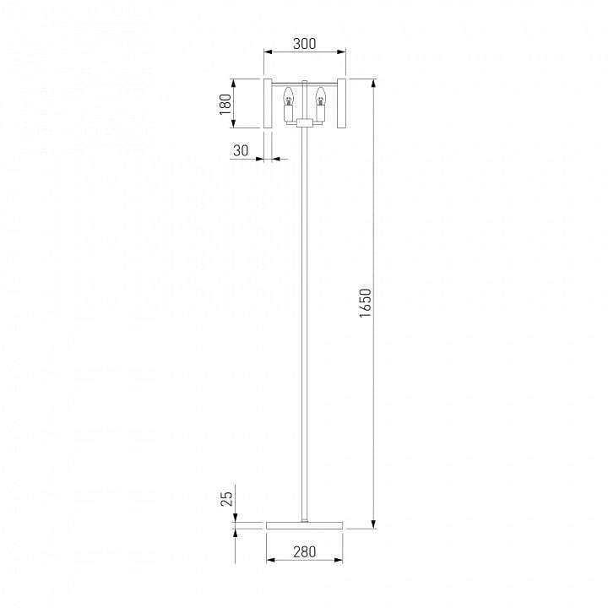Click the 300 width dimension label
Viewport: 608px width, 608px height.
tap(304, 44)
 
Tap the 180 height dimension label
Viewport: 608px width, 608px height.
tap(225, 104)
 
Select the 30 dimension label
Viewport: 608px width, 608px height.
tap(241, 150)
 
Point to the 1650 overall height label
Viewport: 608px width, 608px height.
tap(366, 303)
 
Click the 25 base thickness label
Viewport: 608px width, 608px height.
tap(227, 499)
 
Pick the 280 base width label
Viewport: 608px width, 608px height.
tap(305, 551)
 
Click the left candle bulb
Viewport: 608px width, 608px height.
tap(288, 96)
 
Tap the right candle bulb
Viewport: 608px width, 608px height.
tap(320, 96)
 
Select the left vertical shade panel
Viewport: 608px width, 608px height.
tap(268, 103)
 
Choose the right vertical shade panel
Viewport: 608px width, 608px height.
tap(341, 103)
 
